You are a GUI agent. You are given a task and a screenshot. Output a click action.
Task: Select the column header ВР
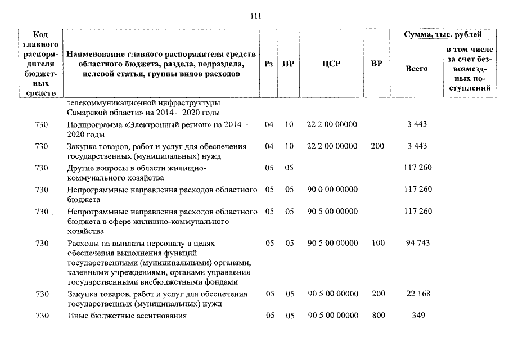377,64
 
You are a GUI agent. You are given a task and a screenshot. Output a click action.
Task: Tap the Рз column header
269,64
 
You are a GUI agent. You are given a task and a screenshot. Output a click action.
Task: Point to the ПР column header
289,64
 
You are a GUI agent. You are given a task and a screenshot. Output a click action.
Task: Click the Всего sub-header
416,68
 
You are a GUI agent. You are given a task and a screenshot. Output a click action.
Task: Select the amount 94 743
417,243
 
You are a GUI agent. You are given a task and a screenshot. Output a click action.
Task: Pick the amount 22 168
417,294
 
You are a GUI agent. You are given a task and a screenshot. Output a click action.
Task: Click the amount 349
417,316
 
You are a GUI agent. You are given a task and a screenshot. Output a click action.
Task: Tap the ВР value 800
378,316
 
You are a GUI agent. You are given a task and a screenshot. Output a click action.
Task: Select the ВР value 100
378,243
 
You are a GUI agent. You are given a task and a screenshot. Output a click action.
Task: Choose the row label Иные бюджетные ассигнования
126,316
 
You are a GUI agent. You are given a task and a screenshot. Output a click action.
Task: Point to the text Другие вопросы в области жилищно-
136,168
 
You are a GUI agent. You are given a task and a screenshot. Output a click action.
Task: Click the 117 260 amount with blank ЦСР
417,168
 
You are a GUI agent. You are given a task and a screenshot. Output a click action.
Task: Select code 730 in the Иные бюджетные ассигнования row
42,316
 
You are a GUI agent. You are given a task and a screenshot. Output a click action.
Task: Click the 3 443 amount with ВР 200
417,146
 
